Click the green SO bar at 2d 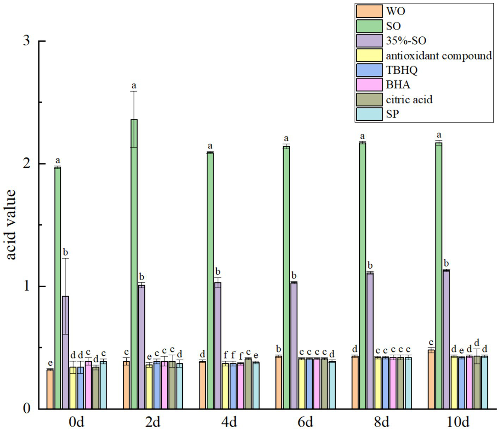[134, 264]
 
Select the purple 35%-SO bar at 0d [65, 352]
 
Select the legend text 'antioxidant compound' [439, 56]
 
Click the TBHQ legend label [402, 70]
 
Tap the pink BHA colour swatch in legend [369, 85]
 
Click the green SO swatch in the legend [369, 26]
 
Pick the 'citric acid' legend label [409, 100]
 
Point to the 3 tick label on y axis [27, 41]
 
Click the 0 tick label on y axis [27, 409]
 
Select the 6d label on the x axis [305, 422]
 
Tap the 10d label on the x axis [458, 422]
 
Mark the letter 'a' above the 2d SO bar [134, 86]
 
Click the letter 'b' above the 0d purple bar [65, 252]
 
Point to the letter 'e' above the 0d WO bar [50, 363]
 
